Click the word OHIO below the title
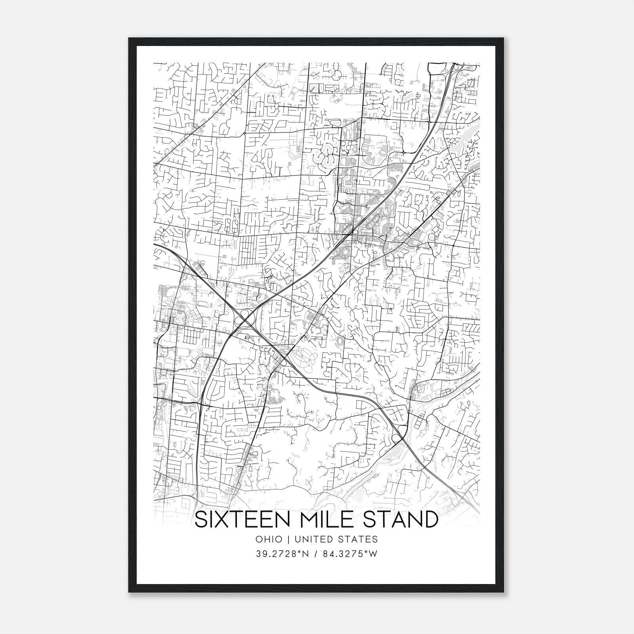pyautogui.click(x=269, y=539)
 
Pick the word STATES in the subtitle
pyautogui.click(x=359, y=539)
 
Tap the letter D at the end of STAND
pyautogui.click(x=430, y=520)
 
